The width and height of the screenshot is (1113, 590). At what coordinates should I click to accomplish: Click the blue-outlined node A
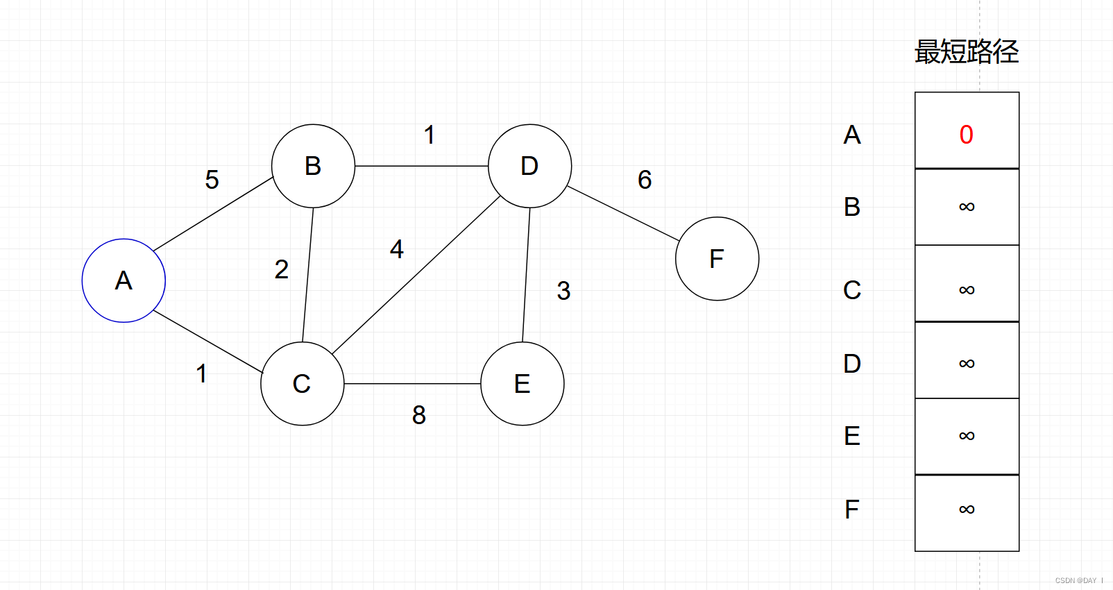click(124, 280)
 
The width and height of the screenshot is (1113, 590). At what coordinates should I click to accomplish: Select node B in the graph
click(313, 166)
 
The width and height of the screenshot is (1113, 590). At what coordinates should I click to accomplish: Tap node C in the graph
click(302, 383)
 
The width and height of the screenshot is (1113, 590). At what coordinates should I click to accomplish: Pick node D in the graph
click(529, 166)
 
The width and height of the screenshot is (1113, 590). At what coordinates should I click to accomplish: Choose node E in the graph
click(522, 383)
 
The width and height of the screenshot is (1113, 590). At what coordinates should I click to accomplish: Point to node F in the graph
click(717, 259)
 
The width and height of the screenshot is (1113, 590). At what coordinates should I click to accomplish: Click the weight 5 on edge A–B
click(212, 180)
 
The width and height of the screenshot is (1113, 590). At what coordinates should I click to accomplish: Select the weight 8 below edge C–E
click(418, 415)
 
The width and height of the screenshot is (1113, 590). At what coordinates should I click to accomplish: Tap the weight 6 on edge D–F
click(645, 180)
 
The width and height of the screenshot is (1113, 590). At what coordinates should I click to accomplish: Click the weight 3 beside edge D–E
click(563, 291)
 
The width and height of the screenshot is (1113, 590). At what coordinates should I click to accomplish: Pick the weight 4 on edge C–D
click(396, 249)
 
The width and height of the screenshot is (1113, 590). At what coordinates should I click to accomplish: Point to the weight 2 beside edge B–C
click(281, 269)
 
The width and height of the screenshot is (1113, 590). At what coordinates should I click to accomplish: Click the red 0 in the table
click(966, 135)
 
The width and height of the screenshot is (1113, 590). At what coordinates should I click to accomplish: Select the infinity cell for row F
click(967, 510)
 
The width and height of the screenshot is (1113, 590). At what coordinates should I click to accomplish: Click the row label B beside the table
click(852, 207)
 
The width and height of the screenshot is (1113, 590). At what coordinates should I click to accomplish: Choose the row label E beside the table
click(852, 436)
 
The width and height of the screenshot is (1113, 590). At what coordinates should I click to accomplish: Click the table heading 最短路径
click(967, 52)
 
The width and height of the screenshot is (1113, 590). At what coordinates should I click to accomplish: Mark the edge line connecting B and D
click(421, 166)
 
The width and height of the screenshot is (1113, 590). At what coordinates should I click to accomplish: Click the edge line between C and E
click(412, 383)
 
